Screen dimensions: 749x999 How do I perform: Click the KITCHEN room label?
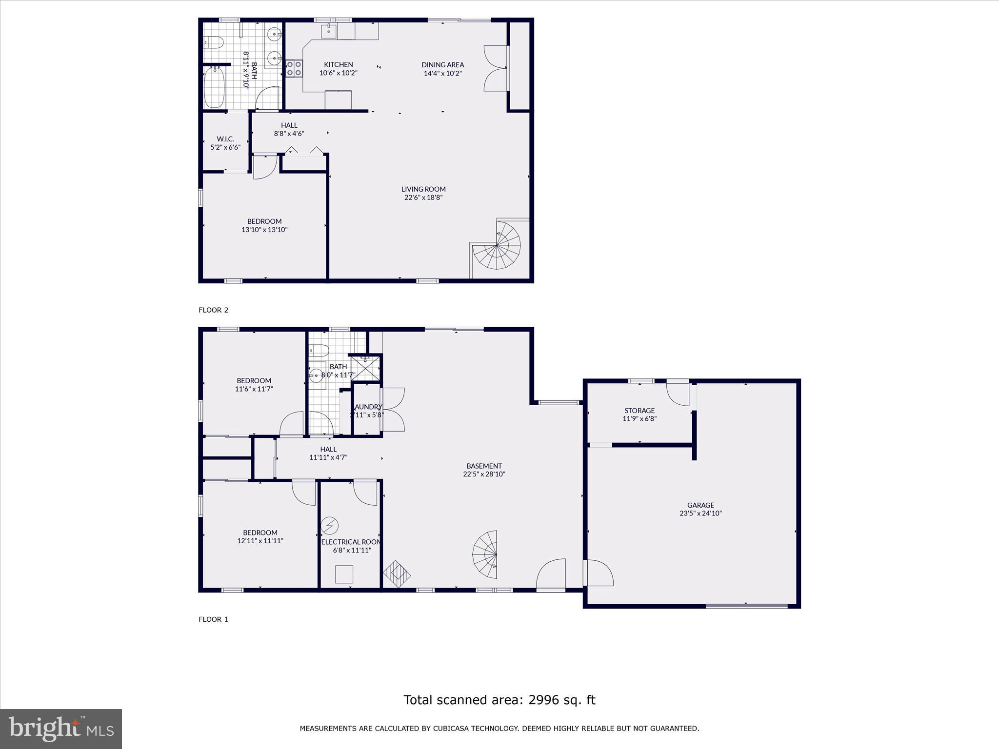[338, 65]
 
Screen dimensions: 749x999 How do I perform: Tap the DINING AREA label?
[442, 65]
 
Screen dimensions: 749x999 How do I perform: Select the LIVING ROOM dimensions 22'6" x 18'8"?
[423, 197]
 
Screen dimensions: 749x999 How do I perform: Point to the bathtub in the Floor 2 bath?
[214, 88]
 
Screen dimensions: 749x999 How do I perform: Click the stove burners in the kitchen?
[294, 68]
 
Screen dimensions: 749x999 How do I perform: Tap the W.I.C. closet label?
[225, 139]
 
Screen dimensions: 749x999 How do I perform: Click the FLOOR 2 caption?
[213, 310]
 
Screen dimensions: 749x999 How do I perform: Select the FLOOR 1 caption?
[213, 619]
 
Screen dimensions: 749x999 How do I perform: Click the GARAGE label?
[700, 505]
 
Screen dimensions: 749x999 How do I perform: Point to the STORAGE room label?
[639, 411]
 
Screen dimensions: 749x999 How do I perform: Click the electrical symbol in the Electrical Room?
[330, 525]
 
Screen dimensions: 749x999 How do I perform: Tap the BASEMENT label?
[484, 466]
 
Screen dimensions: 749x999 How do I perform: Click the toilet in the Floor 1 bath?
[320, 350]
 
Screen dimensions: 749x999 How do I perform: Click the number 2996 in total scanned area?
[541, 700]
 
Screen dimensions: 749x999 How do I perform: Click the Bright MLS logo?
[61, 729]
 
